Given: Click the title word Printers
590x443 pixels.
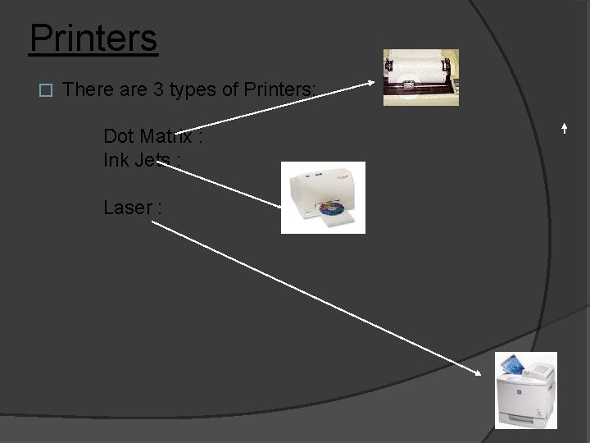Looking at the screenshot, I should [x=93, y=38].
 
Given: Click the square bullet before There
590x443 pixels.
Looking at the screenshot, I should [x=46, y=90].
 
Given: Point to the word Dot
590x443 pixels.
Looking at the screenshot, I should [x=119, y=135].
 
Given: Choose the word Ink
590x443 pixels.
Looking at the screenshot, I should [x=115, y=159].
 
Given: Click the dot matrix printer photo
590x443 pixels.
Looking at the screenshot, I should [x=420, y=77].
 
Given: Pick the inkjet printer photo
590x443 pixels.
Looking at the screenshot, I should [x=323, y=198].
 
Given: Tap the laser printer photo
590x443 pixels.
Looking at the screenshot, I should [x=525, y=390].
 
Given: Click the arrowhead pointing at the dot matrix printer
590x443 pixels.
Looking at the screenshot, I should [x=374, y=81].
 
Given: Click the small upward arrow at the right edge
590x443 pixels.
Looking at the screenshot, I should [x=565, y=128].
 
